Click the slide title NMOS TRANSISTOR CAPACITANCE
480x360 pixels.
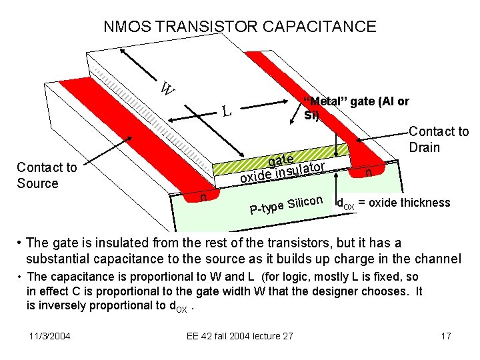pos(240,27)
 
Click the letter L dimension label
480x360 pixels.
pos(227,111)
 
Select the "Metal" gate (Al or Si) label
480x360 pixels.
pos(355,108)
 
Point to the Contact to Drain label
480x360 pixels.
pos(438,139)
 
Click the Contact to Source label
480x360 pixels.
pos(47,175)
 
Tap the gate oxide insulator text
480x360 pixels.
pos(283,168)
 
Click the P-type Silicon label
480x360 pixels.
pos(286,205)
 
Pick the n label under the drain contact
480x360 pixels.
pos(368,173)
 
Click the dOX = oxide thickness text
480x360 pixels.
pos(393,203)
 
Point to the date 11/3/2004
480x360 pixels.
pos(51,335)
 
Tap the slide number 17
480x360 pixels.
pos(446,335)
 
